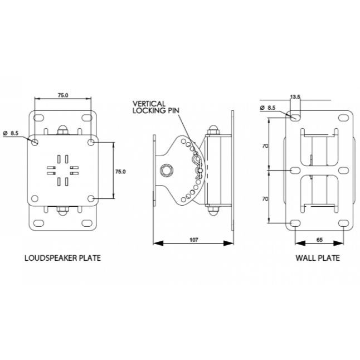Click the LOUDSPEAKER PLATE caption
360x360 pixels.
coord(62,258)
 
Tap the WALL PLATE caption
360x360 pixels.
coord(318,258)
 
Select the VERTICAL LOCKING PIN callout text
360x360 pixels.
coord(155,107)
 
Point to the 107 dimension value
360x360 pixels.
coord(193,240)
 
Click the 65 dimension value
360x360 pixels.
coord(319,240)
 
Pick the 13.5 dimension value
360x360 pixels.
coord(295,97)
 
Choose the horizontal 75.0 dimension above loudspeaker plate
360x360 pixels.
coord(63,95)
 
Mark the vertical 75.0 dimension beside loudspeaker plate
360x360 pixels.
coord(120,172)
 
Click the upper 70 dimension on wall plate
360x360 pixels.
coord(265,146)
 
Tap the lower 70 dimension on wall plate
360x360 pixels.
coord(265,199)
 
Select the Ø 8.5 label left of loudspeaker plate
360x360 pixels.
coord(11,133)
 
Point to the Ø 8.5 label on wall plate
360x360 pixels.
coord(267,108)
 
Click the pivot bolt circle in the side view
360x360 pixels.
coord(167,171)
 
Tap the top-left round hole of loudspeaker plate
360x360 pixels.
coord(35,142)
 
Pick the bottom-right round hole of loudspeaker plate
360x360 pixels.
coord(91,198)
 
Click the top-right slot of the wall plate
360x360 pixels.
coord(343,118)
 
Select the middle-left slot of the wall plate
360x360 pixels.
coord(295,171)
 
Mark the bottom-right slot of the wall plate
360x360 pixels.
coord(343,223)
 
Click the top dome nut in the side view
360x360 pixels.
coord(213,130)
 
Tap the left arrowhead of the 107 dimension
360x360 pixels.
coord(158,243)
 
